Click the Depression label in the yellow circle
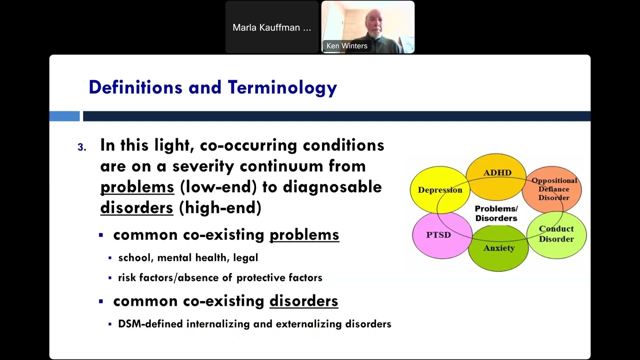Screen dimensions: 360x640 pos(440,190)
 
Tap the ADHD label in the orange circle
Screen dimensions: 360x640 pos(497,173)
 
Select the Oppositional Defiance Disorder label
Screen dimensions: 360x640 pos(554,189)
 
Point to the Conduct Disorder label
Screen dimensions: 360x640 pos(556,234)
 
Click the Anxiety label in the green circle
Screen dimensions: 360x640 pos(498,248)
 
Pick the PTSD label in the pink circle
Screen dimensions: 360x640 pos(438,235)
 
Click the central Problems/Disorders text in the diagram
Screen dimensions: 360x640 pos(496,213)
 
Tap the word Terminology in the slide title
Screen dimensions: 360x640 pos(282,87)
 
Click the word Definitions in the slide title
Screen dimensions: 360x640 pos(135,87)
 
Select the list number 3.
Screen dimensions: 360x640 pos(81,147)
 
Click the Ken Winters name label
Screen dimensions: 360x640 pos(347,46)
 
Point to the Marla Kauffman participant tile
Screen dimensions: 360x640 pos(271,27)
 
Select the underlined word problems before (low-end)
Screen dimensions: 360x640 pos(137,187)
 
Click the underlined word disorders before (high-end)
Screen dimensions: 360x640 pos(136,208)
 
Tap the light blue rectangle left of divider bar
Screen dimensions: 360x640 pos(64,116)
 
